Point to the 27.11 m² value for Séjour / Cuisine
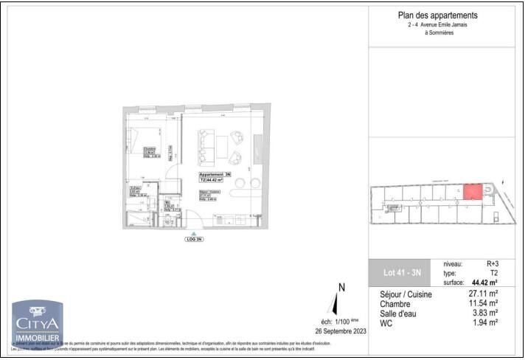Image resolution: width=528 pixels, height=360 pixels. point(483,294)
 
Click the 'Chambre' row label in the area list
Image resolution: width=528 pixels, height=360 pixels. point(395,303)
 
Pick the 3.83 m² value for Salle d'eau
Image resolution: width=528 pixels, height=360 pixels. point(485,313)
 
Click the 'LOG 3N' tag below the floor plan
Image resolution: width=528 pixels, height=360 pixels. point(194,240)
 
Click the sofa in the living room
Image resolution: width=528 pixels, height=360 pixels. point(206,145)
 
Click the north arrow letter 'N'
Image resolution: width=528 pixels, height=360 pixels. point(341,288)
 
